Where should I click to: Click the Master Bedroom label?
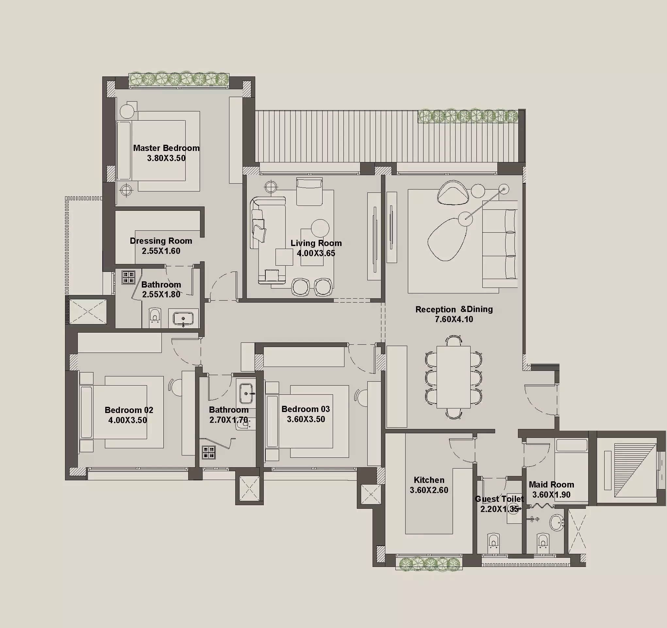click(166, 148)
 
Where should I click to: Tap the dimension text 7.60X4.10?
click(454, 319)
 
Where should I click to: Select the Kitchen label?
click(429, 480)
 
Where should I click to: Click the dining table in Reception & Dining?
click(453, 377)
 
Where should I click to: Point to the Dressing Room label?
click(161, 241)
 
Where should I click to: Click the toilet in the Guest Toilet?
click(492, 541)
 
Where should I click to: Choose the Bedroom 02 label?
click(129, 410)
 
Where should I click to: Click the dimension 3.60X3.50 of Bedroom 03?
click(306, 419)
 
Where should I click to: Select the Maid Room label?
click(551, 485)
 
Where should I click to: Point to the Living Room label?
click(316, 243)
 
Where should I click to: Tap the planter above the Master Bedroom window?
click(179, 79)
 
